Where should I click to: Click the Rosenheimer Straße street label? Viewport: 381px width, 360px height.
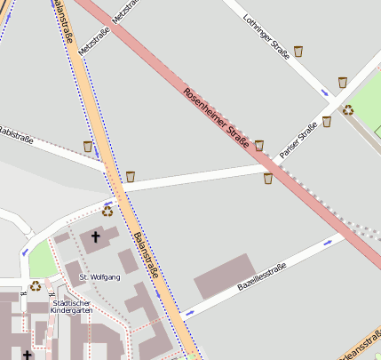coord(216,116)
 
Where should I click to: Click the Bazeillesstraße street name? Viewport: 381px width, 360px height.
coord(261,280)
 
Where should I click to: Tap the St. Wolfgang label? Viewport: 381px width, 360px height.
coord(99,277)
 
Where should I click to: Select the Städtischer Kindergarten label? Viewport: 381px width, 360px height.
coord(71,307)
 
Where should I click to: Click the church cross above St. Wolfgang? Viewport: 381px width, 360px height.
coord(96,237)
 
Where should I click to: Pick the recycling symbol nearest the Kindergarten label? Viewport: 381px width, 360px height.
coord(36,285)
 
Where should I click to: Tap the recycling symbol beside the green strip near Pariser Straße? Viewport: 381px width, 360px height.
coord(348,110)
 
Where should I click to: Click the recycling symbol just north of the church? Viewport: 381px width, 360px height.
coord(107,211)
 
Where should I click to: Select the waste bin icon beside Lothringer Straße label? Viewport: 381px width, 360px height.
coord(298,52)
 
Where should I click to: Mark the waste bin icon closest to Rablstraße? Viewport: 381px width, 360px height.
coord(87,146)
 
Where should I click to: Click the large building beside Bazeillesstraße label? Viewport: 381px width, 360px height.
coord(226,276)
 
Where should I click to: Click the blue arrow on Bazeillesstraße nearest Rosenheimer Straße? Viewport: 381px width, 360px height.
coord(328,241)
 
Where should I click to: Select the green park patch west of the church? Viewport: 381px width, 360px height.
coord(42,259)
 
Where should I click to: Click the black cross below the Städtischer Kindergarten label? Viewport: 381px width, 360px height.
coord(27,355)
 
